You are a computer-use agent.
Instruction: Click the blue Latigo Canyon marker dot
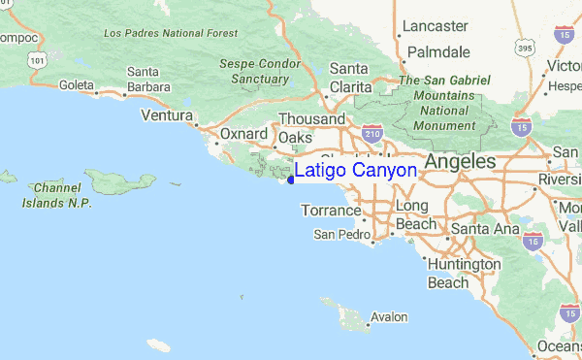pos(291,179)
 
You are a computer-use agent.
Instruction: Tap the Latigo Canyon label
pos(356,171)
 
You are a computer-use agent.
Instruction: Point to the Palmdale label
pos(438,51)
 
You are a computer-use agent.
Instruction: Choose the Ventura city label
pos(167,115)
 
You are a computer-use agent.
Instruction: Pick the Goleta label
pos(77,85)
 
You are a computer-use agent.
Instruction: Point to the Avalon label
pos(389,317)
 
